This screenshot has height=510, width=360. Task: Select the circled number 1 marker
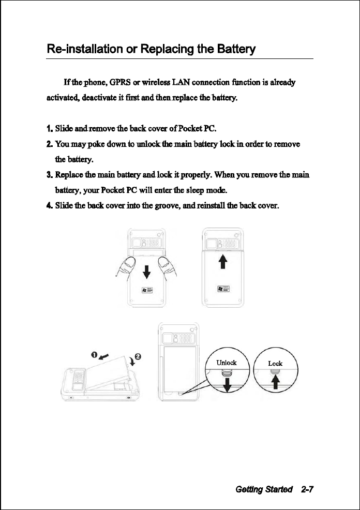click(95, 354)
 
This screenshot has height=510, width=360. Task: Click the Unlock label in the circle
click(227, 363)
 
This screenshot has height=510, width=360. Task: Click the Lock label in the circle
click(275, 363)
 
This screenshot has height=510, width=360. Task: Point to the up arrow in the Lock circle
click(276, 382)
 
